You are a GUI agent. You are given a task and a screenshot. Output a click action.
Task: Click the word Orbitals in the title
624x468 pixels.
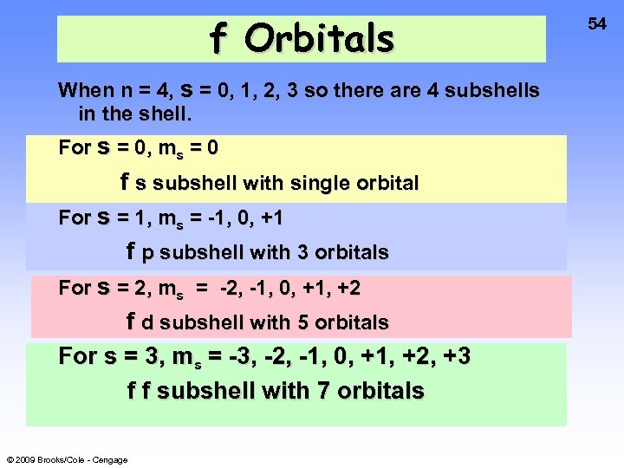click(x=319, y=38)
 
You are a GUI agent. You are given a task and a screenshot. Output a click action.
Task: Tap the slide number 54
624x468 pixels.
click(x=597, y=24)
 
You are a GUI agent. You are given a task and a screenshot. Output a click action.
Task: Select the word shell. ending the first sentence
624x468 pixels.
click(x=167, y=114)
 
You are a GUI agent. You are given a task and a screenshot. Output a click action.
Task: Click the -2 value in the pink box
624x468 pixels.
click(x=230, y=288)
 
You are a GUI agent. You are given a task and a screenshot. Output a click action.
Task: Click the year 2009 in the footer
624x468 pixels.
click(x=24, y=459)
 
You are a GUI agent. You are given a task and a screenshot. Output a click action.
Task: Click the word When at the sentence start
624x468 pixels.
click(x=86, y=90)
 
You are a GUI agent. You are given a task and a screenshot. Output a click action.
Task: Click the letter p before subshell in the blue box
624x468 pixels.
click(x=148, y=254)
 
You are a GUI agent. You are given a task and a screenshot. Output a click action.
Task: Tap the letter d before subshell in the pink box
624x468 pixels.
click(x=148, y=322)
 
